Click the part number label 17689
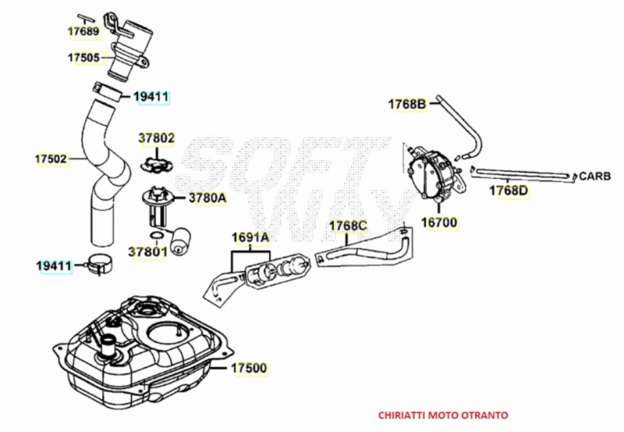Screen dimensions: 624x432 83,31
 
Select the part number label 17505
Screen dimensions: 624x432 83,58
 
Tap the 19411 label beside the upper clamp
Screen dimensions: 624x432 151,96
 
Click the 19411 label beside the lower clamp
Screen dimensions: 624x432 54,266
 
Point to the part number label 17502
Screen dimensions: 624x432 51,159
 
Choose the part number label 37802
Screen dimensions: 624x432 157,138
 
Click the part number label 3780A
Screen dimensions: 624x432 207,198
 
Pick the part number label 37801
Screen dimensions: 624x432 147,252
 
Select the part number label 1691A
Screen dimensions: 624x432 250,237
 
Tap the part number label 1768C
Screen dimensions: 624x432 348,226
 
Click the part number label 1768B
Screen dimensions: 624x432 407,105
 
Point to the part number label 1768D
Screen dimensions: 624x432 509,191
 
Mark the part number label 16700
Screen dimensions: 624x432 439,223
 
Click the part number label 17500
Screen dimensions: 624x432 249,368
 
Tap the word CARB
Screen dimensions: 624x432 595,176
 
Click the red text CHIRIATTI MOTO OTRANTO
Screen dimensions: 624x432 443,416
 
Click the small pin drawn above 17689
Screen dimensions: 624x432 86,18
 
